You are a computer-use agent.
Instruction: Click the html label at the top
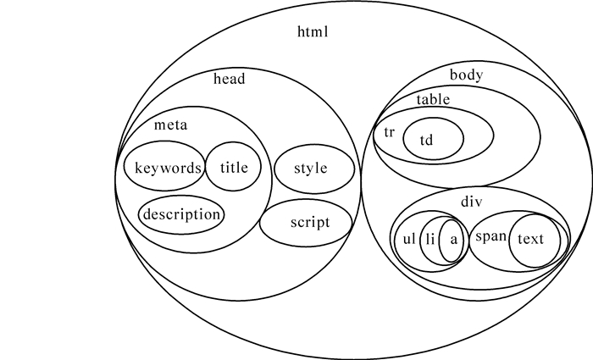coord(312,33)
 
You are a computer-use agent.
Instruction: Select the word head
coord(229,80)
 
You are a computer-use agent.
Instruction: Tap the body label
coord(466,75)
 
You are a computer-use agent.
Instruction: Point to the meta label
coord(170,125)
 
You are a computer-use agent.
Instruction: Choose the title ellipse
coord(234,167)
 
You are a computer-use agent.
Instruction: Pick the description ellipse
coord(181,214)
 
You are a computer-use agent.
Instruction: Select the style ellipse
coord(311,167)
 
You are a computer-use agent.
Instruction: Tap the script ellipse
coord(308,223)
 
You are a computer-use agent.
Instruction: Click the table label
coord(432,99)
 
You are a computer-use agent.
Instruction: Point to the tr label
coord(390,133)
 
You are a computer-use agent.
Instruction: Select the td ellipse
coord(432,139)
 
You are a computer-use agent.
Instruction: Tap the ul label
coord(409,239)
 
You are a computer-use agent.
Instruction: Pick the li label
coord(430,239)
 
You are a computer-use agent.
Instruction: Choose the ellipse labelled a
coord(454,239)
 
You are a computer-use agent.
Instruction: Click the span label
coord(490,238)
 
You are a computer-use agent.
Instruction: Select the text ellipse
coord(530,239)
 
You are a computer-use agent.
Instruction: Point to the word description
coord(181,214)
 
